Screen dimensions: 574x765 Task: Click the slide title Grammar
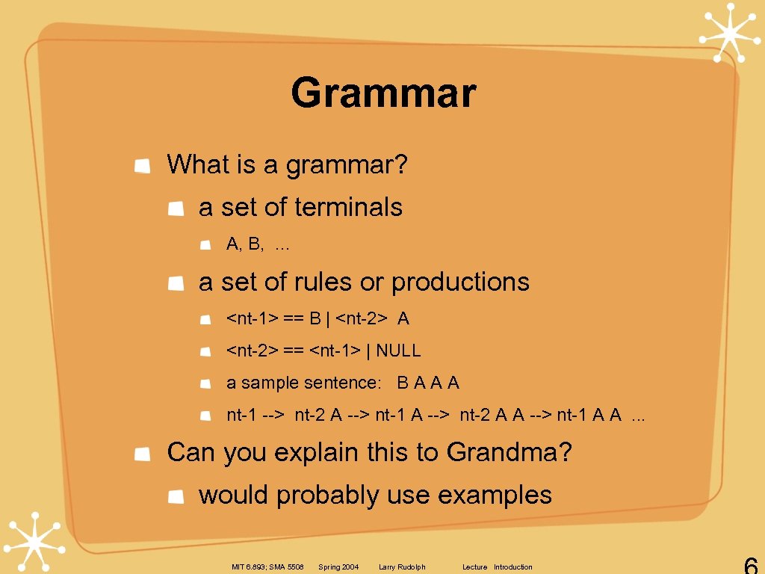383,93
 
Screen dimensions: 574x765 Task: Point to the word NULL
399,351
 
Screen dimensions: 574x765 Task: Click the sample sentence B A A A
428,383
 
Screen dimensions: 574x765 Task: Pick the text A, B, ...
246,244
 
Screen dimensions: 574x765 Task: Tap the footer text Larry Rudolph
402,567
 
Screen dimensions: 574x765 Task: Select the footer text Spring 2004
338,567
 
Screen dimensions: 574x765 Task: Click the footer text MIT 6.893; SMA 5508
267,567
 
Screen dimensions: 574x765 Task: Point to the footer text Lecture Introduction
498,567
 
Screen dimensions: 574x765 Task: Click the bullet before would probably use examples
176,496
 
